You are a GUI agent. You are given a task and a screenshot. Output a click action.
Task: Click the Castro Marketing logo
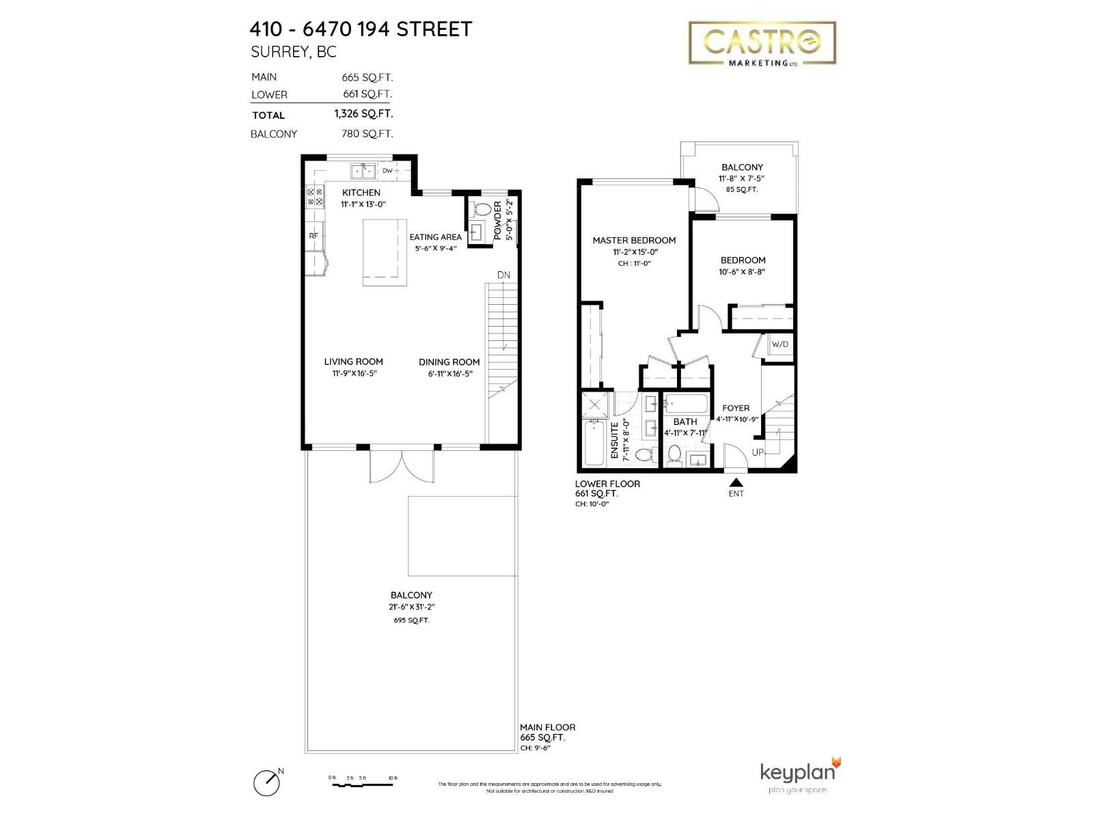click(x=762, y=43)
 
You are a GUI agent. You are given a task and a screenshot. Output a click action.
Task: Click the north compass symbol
click(x=267, y=782)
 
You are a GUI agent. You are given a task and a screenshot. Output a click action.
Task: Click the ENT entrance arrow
click(x=736, y=482)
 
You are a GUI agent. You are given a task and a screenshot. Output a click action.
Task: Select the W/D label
click(x=779, y=344)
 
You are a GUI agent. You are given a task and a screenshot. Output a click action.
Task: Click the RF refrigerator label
click(x=314, y=236)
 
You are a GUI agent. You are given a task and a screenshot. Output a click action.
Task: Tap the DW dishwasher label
click(x=387, y=171)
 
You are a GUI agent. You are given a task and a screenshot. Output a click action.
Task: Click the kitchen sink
click(x=363, y=171)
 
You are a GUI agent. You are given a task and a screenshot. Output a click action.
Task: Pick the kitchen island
click(x=384, y=252)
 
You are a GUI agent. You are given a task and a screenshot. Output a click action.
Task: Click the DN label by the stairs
click(x=503, y=275)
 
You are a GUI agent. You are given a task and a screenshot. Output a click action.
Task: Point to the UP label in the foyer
click(x=758, y=452)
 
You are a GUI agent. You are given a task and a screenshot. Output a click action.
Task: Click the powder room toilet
click(x=482, y=209)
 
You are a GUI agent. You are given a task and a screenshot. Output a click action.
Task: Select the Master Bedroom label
click(x=634, y=241)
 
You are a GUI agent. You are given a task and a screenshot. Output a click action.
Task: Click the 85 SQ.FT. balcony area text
click(x=742, y=189)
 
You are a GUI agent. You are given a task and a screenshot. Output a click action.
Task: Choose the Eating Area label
click(x=435, y=237)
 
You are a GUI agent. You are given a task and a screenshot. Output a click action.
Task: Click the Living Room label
click(x=353, y=361)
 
